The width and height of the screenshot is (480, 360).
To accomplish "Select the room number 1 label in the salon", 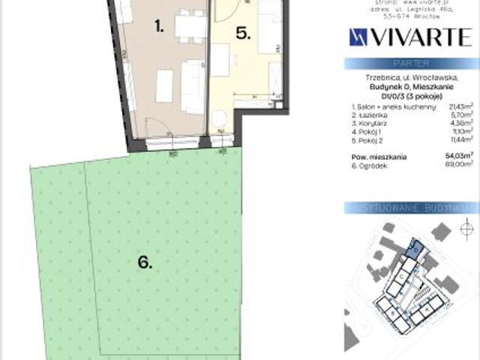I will click(159, 27).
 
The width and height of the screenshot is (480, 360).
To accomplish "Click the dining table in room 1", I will click(190, 28).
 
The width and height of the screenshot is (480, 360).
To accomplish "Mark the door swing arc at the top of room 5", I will click(225, 9).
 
